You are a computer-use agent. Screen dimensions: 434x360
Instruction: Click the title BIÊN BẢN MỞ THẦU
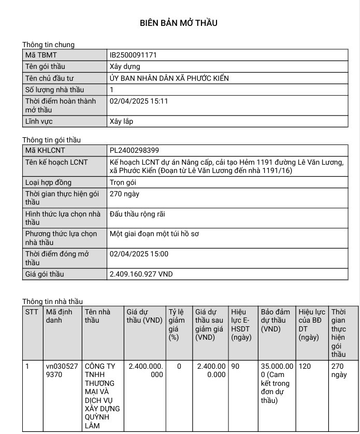click(179, 23)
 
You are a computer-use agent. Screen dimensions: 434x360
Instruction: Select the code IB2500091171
click(133, 54)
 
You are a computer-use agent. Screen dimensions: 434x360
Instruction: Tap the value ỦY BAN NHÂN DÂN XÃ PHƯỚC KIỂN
click(169, 78)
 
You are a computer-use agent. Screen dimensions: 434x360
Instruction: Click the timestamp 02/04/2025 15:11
click(139, 101)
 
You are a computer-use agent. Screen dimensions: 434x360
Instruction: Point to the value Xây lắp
click(121, 122)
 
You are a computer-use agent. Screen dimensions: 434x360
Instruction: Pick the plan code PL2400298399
click(134, 151)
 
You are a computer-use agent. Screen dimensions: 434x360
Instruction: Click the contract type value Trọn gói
click(124, 182)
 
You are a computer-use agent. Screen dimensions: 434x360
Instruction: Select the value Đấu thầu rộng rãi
click(137, 214)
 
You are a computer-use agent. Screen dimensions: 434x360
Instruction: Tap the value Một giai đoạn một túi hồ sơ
click(154, 234)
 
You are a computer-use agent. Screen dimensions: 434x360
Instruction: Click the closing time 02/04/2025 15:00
click(139, 254)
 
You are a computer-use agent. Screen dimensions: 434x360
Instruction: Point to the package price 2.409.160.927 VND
click(141, 274)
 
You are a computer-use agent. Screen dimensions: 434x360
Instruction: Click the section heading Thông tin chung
click(48, 45)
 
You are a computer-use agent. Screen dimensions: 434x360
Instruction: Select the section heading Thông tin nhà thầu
click(52, 301)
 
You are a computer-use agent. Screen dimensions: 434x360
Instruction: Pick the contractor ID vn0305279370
click(62, 370)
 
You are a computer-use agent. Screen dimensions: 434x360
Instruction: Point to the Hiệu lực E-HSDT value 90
click(235, 366)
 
